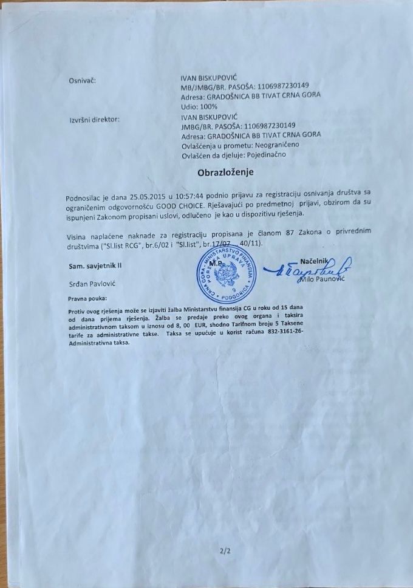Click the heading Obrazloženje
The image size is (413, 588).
pos(225,173)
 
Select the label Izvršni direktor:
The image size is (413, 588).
pos(94,119)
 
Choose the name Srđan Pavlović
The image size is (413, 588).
pos(87,284)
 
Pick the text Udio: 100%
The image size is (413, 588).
pos(199,105)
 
